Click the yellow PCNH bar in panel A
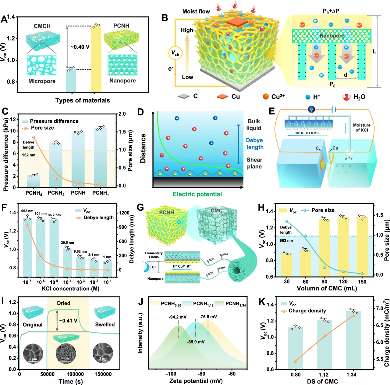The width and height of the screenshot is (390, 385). (96, 59)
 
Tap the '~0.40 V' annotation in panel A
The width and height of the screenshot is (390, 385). (80, 47)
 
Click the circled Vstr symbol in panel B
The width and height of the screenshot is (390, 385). (175, 53)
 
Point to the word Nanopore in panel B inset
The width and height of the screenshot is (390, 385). (332, 36)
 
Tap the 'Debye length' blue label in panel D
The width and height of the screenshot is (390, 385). (255, 144)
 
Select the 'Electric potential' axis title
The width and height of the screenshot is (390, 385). (197, 194)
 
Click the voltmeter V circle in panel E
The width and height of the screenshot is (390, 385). (311, 110)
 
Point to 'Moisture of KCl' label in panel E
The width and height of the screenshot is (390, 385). (362, 128)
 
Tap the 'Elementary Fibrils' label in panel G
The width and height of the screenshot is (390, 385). (154, 255)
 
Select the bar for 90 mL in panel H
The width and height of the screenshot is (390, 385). (324, 247)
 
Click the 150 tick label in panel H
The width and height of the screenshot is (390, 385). (362, 282)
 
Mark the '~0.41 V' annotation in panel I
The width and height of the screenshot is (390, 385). (68, 321)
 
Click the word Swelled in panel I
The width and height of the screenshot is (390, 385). (105, 325)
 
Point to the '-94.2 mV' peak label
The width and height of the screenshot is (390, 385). (178, 317)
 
